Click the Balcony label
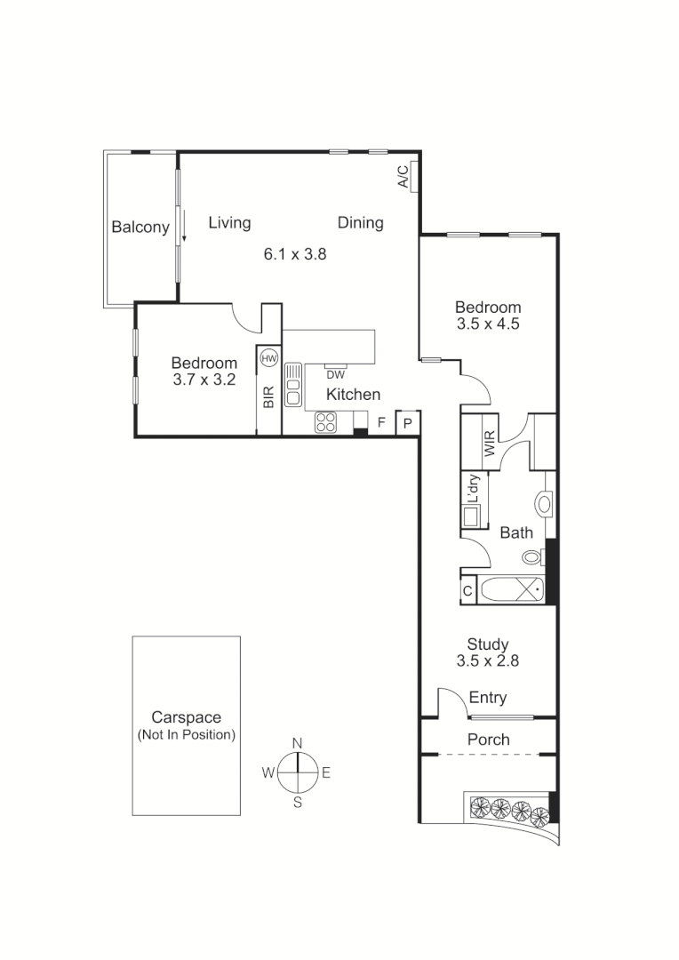click(140, 228)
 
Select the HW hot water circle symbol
click(269, 357)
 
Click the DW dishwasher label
click(335, 374)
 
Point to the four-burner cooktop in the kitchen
click(326, 422)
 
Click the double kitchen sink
click(293, 385)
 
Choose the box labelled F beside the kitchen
click(380, 422)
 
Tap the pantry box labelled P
click(407, 423)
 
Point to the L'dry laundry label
click(474, 488)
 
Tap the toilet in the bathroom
click(533, 557)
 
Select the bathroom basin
click(544, 504)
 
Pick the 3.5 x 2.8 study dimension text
click(487, 661)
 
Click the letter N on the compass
click(298, 743)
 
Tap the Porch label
click(488, 740)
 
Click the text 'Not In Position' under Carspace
click(186, 735)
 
